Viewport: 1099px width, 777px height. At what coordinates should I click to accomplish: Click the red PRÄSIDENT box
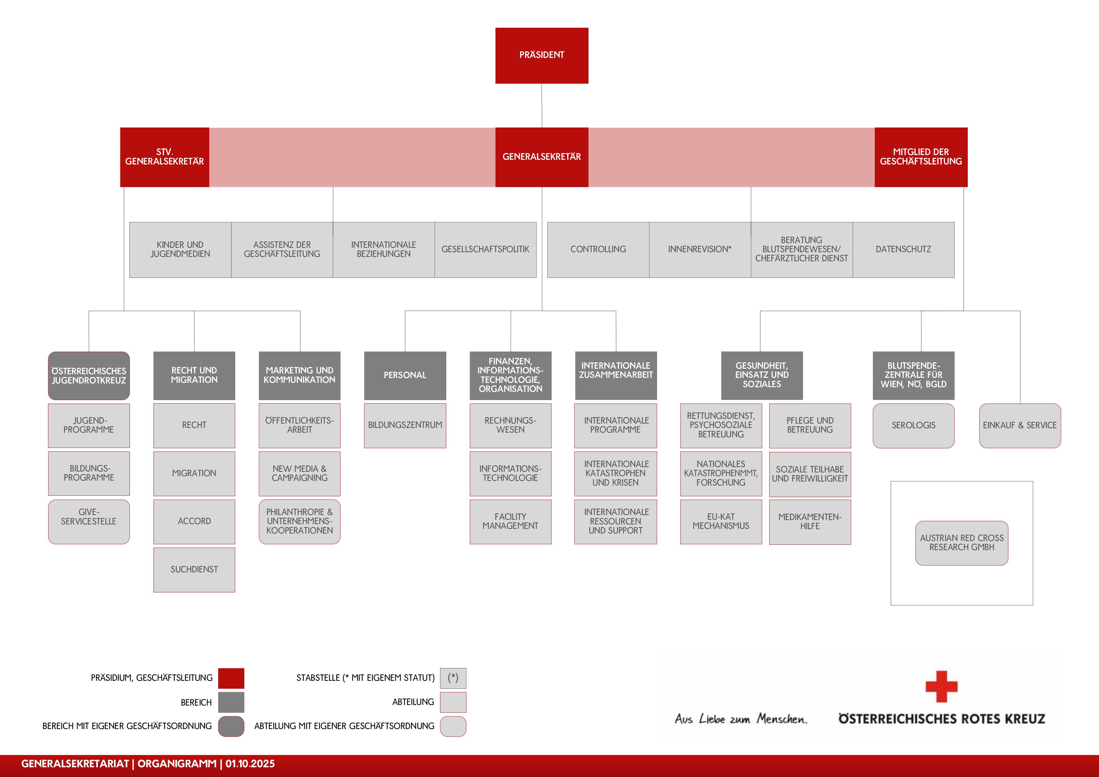542,55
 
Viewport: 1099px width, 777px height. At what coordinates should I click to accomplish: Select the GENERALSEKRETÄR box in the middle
542,157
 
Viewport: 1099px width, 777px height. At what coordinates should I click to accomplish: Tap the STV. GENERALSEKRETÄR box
164,157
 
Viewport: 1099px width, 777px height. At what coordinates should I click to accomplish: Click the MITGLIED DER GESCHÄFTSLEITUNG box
920,157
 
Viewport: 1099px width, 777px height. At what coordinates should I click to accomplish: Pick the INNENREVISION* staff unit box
699,249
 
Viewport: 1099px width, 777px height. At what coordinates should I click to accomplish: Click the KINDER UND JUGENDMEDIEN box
180,249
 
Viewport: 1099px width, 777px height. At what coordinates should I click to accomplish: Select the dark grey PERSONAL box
405,375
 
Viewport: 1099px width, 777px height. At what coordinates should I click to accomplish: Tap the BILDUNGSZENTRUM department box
405,425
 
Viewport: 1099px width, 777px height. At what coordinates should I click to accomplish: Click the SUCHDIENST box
194,570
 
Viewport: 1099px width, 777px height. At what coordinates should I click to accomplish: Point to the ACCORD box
194,521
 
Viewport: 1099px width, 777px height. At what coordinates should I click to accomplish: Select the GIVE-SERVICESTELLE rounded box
89,521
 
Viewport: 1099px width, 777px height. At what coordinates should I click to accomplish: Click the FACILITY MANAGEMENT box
510,521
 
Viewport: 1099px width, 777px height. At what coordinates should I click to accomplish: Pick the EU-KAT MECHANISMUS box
721,521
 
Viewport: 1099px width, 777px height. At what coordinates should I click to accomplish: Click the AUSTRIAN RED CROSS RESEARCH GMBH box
961,543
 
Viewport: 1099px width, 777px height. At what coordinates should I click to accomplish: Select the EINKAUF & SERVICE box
1019,425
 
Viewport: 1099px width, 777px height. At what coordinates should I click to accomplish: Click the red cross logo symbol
941,686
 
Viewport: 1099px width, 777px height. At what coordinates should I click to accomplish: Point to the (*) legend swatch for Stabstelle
453,678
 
